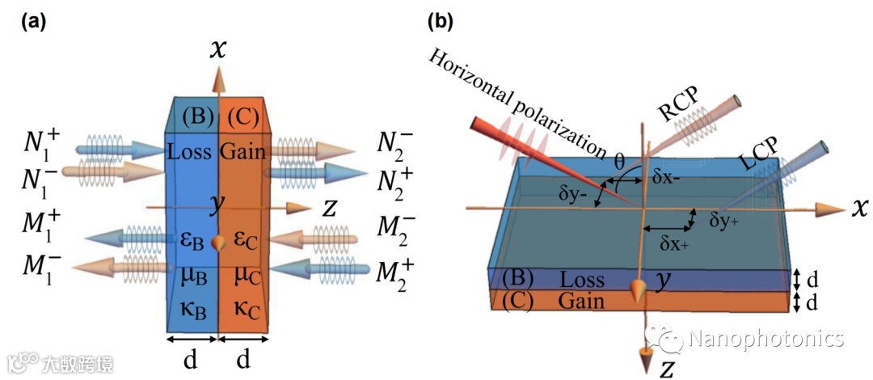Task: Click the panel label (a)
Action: click(x=33, y=22)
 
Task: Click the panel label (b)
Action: click(x=440, y=22)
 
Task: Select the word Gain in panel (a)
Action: click(x=243, y=151)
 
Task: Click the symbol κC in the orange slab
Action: click(x=243, y=305)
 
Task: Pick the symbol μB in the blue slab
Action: click(x=193, y=274)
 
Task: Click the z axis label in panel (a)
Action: click(x=330, y=208)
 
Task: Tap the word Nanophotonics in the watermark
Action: click(x=765, y=338)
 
